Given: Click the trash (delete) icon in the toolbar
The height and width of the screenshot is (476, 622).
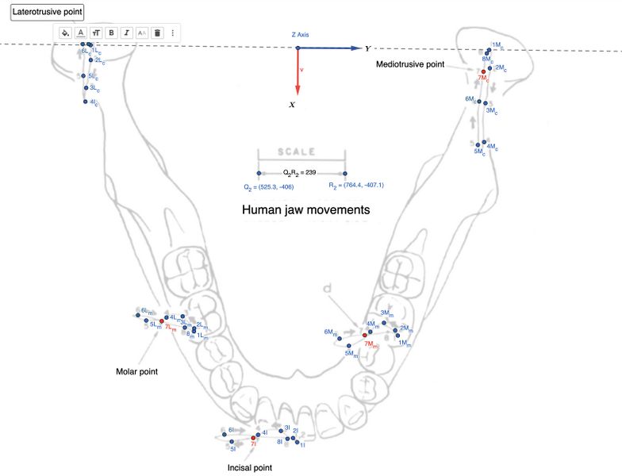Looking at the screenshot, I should click(x=157, y=33).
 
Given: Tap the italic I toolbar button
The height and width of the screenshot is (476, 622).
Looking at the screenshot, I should click(x=126, y=33).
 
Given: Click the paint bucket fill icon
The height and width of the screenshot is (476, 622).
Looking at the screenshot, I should click(x=65, y=33).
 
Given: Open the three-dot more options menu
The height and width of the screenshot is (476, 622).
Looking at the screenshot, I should click(x=173, y=33).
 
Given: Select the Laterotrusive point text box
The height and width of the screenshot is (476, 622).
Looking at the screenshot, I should click(x=47, y=13).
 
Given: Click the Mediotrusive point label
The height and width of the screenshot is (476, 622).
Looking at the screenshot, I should click(x=410, y=64).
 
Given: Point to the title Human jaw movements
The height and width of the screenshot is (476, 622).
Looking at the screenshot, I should click(x=306, y=211).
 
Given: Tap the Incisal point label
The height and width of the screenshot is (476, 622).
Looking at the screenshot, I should click(x=249, y=468).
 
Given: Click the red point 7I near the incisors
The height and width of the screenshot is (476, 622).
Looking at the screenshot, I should click(x=254, y=438).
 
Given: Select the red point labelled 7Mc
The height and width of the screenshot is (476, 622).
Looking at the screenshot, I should click(x=482, y=72).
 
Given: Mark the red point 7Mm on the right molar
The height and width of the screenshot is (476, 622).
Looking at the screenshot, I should click(x=365, y=336).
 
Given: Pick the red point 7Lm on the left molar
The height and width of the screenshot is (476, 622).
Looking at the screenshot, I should click(x=162, y=321).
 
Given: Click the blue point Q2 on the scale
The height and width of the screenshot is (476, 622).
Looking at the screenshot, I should click(x=258, y=173).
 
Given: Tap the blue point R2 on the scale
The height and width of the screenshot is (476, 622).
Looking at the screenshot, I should click(x=345, y=173).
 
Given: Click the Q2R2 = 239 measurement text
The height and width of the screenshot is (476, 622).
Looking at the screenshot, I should click(x=301, y=171).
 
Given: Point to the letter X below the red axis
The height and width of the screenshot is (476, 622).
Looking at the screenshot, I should click(x=293, y=105).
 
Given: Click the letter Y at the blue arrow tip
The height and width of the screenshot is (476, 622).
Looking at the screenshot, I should click(x=368, y=48).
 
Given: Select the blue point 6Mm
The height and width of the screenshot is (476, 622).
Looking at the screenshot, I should click(x=339, y=337).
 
